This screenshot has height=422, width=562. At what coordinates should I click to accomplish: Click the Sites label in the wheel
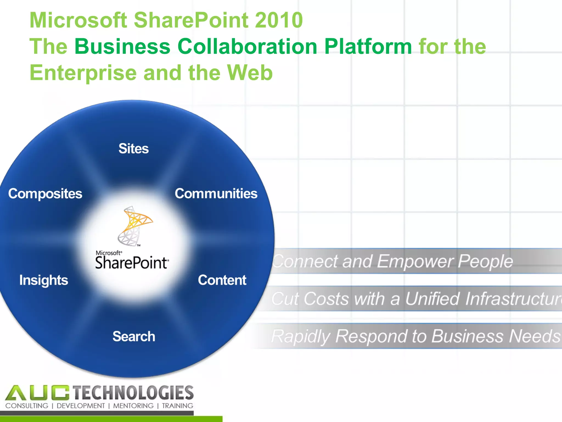134,149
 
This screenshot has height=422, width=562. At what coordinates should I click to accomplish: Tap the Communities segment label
216,193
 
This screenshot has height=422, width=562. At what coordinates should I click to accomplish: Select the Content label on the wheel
222,280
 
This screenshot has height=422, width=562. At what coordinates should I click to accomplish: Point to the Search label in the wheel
134,337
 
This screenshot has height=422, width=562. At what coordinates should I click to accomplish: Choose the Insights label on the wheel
44,280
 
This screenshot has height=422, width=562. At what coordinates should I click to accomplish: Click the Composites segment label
45,194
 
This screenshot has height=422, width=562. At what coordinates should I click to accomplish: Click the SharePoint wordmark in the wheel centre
132,263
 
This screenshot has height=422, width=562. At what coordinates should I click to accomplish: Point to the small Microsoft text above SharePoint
109,253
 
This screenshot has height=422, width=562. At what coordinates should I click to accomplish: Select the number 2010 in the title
279,20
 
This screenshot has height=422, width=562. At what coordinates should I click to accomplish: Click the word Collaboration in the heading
248,46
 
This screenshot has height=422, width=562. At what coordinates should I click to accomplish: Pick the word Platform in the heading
368,46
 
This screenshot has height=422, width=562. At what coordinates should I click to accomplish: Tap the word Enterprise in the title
83,73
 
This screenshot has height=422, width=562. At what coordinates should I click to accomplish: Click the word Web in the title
250,73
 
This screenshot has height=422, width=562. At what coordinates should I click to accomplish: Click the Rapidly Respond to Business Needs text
416,336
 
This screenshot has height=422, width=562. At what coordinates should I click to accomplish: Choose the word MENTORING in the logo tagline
133,406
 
